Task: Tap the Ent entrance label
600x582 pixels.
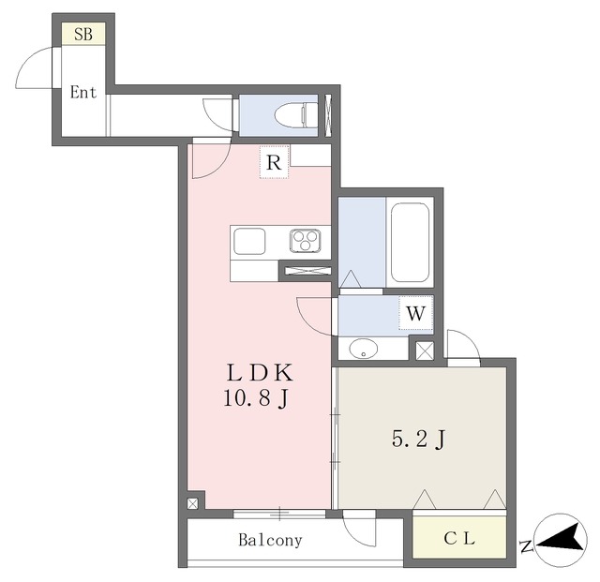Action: (83, 93)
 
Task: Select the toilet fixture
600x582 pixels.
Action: (292, 114)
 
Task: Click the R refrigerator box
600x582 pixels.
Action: (274, 162)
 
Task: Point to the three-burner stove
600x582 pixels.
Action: (305, 241)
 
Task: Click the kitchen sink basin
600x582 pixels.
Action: (250, 241)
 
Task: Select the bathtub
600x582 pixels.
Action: (410, 243)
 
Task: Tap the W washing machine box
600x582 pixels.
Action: (416, 312)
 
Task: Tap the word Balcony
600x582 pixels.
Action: (270, 540)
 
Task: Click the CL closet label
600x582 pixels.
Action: (459, 539)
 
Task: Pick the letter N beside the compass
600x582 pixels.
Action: (527, 546)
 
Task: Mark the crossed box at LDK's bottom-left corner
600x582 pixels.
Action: (192, 503)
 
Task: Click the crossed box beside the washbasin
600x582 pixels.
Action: (424, 351)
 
